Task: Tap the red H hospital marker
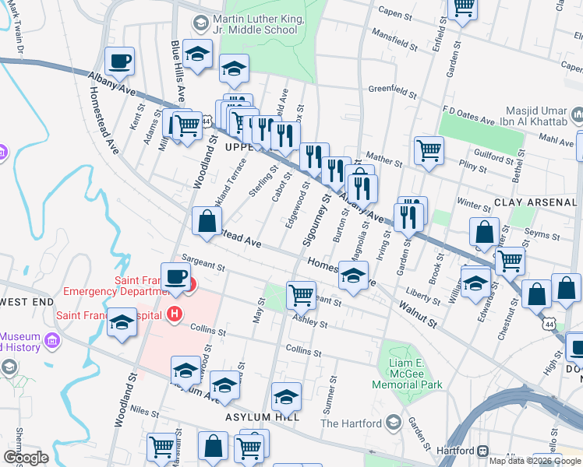pos(175,314)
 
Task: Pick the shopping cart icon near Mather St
pos(429,149)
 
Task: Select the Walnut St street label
pos(419,315)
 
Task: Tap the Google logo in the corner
pos(26,458)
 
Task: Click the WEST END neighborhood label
pos(26,301)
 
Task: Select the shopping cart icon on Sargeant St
pos(301,294)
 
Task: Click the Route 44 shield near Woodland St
pos(205,122)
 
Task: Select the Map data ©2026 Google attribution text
pos(535,461)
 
